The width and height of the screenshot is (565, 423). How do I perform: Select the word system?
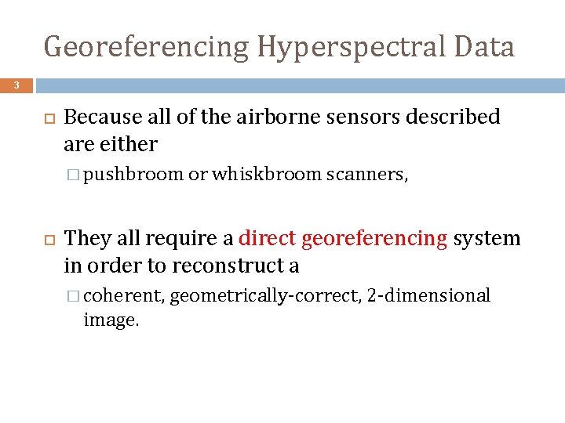(487, 239)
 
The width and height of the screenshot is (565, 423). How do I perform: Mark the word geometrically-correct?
(265, 296)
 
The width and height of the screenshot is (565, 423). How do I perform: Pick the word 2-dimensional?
(428, 296)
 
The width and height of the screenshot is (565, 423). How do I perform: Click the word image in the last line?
(111, 320)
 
